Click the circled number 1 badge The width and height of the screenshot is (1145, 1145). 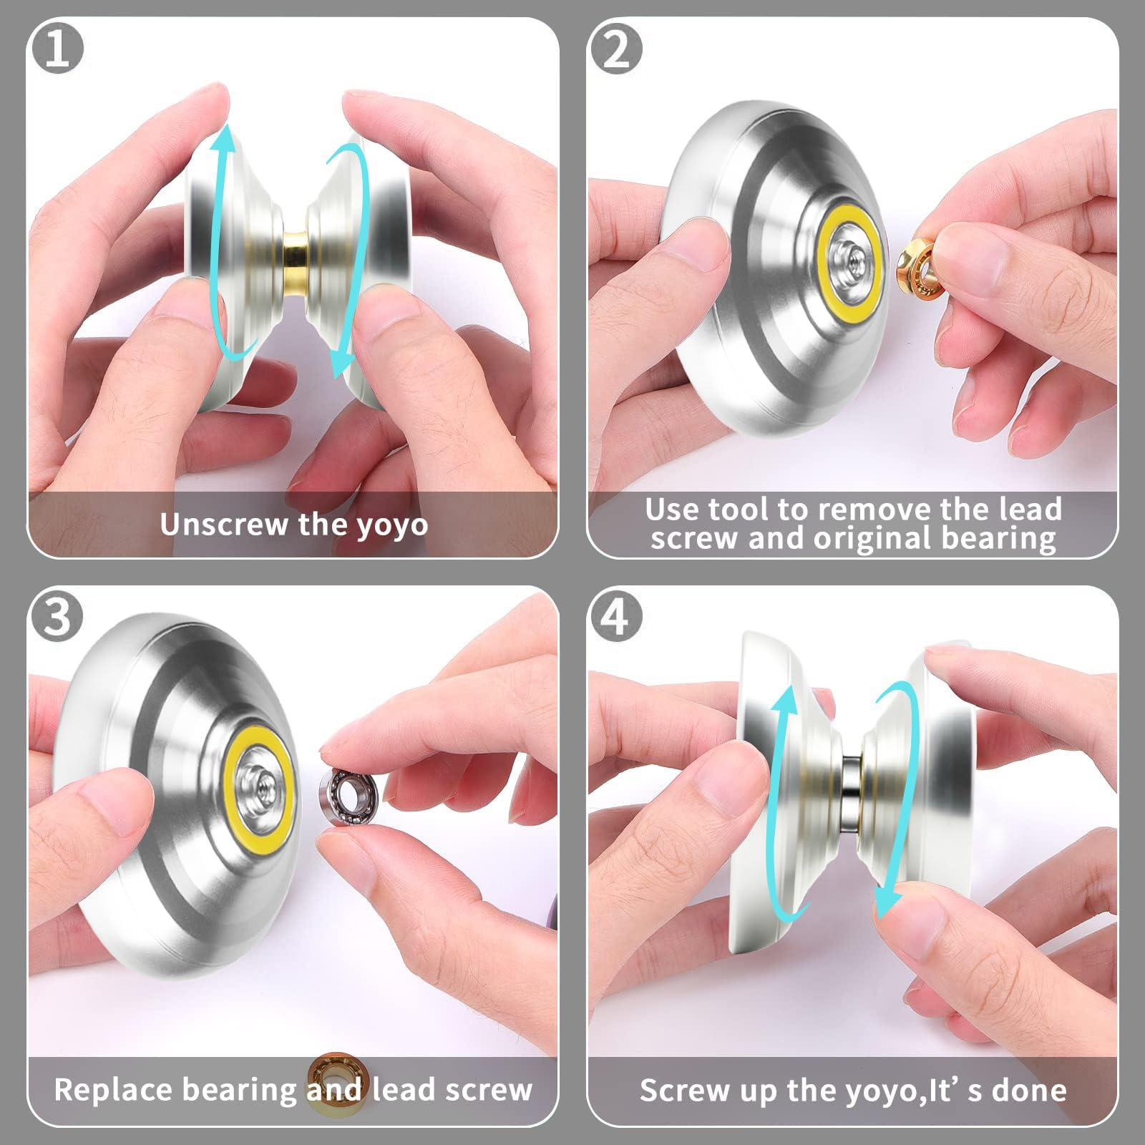tap(57, 48)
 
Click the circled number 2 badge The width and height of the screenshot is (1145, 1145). tap(615, 48)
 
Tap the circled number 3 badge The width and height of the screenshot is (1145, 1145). tap(57, 616)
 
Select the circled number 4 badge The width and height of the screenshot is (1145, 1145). tap(615, 616)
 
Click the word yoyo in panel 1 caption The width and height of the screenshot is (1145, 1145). tap(392, 525)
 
